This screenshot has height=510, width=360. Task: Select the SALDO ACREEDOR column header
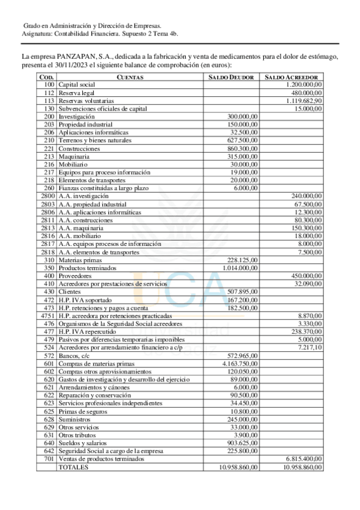pos(291,78)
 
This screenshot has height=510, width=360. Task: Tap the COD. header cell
pos(46,78)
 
